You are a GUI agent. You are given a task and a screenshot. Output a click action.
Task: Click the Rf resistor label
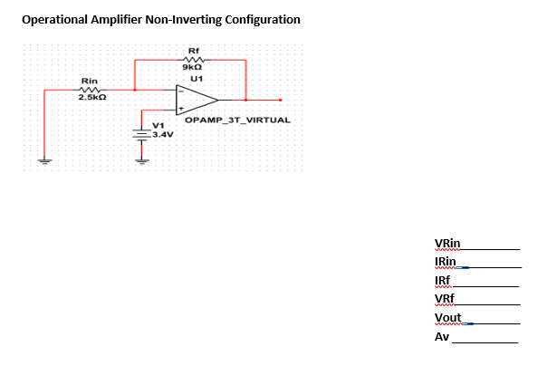191,51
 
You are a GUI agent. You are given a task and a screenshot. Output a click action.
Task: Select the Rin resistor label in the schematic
90,80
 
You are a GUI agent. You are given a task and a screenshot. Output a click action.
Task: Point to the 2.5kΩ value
90,98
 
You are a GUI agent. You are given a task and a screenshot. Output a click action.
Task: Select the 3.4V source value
162,134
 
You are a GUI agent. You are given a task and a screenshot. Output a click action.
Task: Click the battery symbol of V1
141,133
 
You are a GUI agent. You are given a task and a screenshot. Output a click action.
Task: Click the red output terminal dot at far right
281,100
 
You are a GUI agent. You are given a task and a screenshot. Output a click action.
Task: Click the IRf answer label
443,280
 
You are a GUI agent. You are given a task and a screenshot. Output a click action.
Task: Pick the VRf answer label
444,299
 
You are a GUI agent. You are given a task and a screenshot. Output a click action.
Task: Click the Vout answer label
447,318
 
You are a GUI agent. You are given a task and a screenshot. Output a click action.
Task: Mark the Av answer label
442,337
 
